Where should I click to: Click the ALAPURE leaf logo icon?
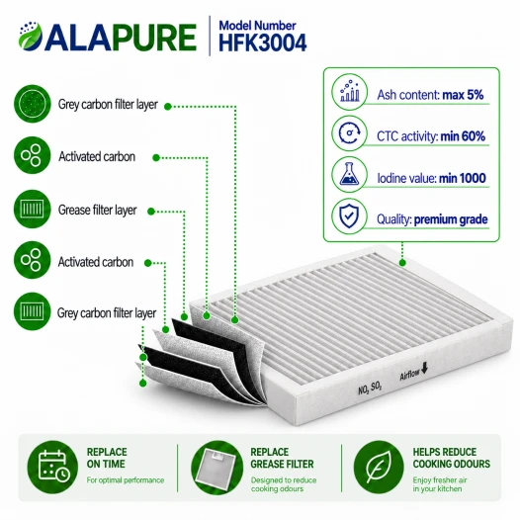click(31, 36)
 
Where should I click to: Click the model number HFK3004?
click(263, 43)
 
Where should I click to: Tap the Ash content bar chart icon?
click(350, 92)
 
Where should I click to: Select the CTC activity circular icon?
click(350, 133)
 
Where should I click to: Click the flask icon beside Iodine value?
click(350, 175)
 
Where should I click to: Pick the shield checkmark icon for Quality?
click(350, 217)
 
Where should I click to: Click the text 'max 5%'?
click(463, 95)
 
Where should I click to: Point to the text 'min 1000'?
click(463, 178)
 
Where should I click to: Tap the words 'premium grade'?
click(451, 219)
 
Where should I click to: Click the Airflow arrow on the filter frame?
click(424, 367)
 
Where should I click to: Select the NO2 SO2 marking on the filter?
click(370, 388)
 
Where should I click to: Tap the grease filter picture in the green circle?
click(217, 468)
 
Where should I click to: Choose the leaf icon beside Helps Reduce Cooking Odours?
click(379, 467)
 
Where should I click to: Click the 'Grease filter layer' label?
click(98, 210)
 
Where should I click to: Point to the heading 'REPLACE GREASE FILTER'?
click(282, 458)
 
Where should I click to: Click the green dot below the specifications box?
click(402, 263)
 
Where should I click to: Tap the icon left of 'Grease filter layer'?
click(33, 209)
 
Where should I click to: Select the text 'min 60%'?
click(463, 136)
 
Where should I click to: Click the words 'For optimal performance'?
click(126, 480)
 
